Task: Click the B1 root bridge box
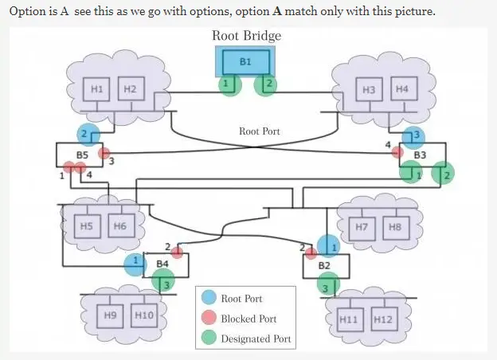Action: point(246,61)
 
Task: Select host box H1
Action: point(97,89)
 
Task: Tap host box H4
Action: point(401,89)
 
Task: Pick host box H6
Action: point(120,226)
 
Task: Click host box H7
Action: point(362,227)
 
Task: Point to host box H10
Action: point(143,316)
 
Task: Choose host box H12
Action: point(383,319)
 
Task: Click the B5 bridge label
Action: point(81,154)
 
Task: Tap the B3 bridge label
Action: point(420,154)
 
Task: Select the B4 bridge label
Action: point(162,262)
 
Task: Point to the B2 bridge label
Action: point(324,264)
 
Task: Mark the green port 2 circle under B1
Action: point(266,84)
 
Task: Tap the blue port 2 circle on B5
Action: point(88,133)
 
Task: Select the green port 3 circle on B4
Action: point(164,282)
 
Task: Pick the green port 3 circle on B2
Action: point(326,284)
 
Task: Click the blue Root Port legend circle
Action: point(209,299)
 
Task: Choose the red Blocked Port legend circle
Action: point(209,319)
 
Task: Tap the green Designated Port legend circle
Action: point(209,338)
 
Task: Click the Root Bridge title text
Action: point(246,36)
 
